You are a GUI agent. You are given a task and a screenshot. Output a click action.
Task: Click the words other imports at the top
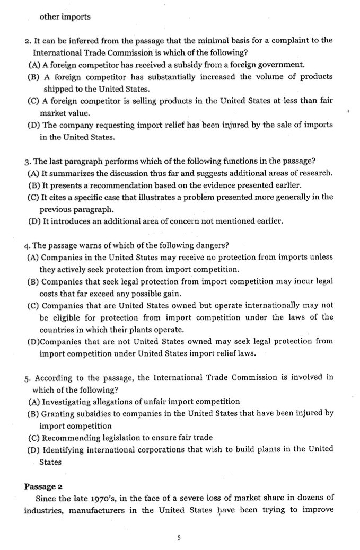click(65, 16)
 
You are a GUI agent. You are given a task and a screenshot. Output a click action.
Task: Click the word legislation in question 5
click(112, 438)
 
